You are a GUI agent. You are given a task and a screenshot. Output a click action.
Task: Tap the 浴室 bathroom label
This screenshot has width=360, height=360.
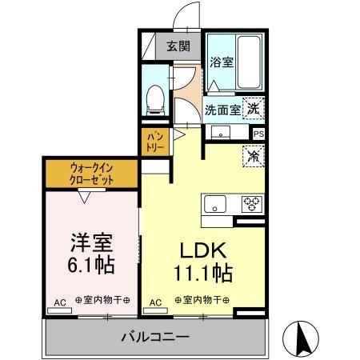coord(222,62)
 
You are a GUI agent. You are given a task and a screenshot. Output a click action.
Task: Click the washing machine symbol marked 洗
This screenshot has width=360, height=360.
coord(253,107)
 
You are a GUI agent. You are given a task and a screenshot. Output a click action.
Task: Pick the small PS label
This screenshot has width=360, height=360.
coord(258,134)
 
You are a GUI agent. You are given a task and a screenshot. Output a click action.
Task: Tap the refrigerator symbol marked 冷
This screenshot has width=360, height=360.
coord(253,157)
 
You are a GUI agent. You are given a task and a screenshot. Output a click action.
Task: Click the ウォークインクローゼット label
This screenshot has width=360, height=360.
coord(90,174)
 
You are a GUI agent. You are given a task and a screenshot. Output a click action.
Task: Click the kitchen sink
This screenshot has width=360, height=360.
coord(216,203)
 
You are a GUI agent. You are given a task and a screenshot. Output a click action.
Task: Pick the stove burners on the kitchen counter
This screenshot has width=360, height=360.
coord(252,202)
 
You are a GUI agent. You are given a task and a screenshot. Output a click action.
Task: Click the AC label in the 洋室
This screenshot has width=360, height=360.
coord(59,303)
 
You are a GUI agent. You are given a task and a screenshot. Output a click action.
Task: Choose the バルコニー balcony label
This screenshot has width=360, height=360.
coord(154,336)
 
